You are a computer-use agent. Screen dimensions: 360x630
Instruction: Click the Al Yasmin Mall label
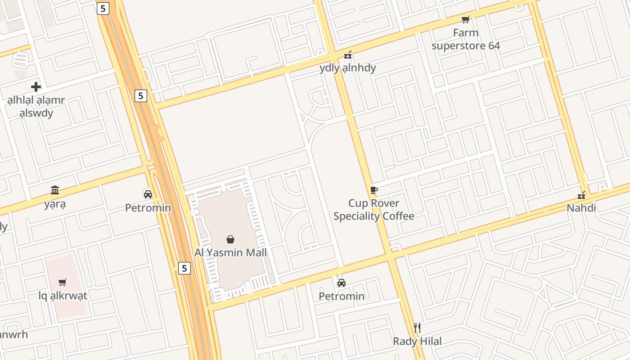click(x=230, y=252)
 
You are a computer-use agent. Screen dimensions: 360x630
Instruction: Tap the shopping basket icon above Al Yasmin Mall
click(x=230, y=239)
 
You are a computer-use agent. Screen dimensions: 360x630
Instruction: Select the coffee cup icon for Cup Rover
click(x=373, y=190)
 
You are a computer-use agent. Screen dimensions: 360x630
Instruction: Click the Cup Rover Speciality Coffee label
click(x=373, y=210)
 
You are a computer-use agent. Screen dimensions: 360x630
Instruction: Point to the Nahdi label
click(x=581, y=208)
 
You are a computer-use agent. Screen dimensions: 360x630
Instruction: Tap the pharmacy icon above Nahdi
click(x=581, y=195)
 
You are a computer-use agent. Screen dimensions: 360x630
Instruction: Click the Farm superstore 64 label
click(x=466, y=39)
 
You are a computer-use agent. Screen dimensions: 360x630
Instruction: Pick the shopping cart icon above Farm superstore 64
click(x=466, y=19)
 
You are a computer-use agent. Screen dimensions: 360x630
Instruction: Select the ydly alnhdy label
click(x=348, y=68)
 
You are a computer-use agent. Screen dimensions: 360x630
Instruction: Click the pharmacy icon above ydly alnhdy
click(x=348, y=55)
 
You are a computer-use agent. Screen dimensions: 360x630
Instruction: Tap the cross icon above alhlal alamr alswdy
click(x=36, y=87)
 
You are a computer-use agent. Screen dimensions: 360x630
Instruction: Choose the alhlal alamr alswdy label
click(x=36, y=106)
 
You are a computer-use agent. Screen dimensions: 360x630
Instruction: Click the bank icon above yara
click(x=55, y=190)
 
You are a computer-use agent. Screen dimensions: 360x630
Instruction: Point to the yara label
click(x=55, y=204)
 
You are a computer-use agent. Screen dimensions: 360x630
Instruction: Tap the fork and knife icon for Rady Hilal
click(x=417, y=328)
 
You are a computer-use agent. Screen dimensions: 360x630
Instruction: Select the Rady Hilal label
click(x=417, y=341)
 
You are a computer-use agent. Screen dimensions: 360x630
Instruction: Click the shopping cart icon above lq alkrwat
click(x=63, y=283)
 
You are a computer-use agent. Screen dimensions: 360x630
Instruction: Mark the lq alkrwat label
click(x=63, y=296)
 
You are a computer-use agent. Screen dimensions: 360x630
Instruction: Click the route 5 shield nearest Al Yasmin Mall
click(x=184, y=269)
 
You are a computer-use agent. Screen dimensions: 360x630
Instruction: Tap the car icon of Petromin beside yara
click(x=148, y=194)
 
